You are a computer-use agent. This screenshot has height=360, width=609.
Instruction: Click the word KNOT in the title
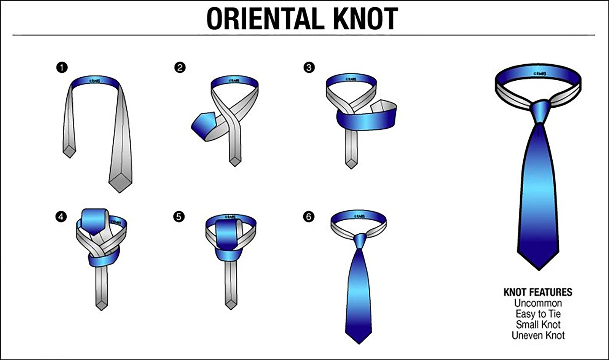click(x=365, y=18)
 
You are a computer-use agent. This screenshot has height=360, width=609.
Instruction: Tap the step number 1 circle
click(x=62, y=68)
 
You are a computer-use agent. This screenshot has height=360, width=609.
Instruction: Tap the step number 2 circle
click(x=180, y=68)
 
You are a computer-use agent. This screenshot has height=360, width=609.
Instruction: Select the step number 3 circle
click(x=309, y=68)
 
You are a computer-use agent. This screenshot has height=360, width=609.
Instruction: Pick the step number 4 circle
click(x=61, y=217)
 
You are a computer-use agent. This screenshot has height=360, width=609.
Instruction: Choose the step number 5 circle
click(x=179, y=217)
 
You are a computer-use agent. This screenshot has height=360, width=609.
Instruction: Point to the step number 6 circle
click(x=309, y=217)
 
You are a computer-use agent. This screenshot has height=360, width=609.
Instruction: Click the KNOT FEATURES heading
click(x=537, y=292)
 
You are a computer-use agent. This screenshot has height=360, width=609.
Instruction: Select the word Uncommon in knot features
click(x=537, y=303)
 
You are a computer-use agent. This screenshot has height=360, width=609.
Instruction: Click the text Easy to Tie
click(x=537, y=314)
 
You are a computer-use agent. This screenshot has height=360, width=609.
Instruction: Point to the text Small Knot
click(x=538, y=325)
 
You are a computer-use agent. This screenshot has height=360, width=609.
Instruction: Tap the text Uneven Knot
click(x=538, y=335)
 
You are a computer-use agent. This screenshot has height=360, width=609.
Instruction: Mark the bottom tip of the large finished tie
click(x=538, y=268)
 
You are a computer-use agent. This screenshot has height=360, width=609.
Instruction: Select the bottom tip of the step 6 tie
click(x=359, y=342)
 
